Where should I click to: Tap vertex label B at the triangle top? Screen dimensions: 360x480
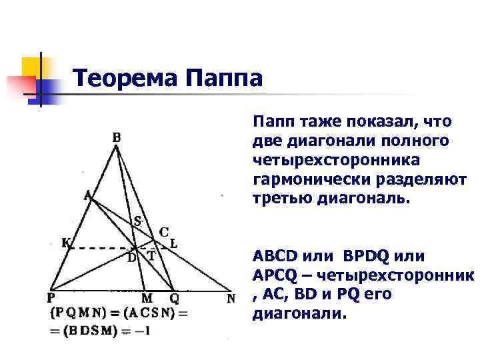click(x=117, y=138)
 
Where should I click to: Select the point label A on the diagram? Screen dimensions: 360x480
click(x=87, y=195)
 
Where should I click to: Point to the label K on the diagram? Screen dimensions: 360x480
click(x=65, y=243)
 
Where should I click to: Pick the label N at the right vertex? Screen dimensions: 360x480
click(x=231, y=299)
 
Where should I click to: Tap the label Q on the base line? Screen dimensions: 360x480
click(x=174, y=299)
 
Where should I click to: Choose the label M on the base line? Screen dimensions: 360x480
click(x=147, y=299)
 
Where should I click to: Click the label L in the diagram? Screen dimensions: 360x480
click(x=173, y=243)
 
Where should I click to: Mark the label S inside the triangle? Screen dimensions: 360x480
click(x=138, y=221)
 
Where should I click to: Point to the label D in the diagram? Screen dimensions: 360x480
click(x=131, y=257)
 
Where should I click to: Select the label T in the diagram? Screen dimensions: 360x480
click(x=151, y=255)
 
